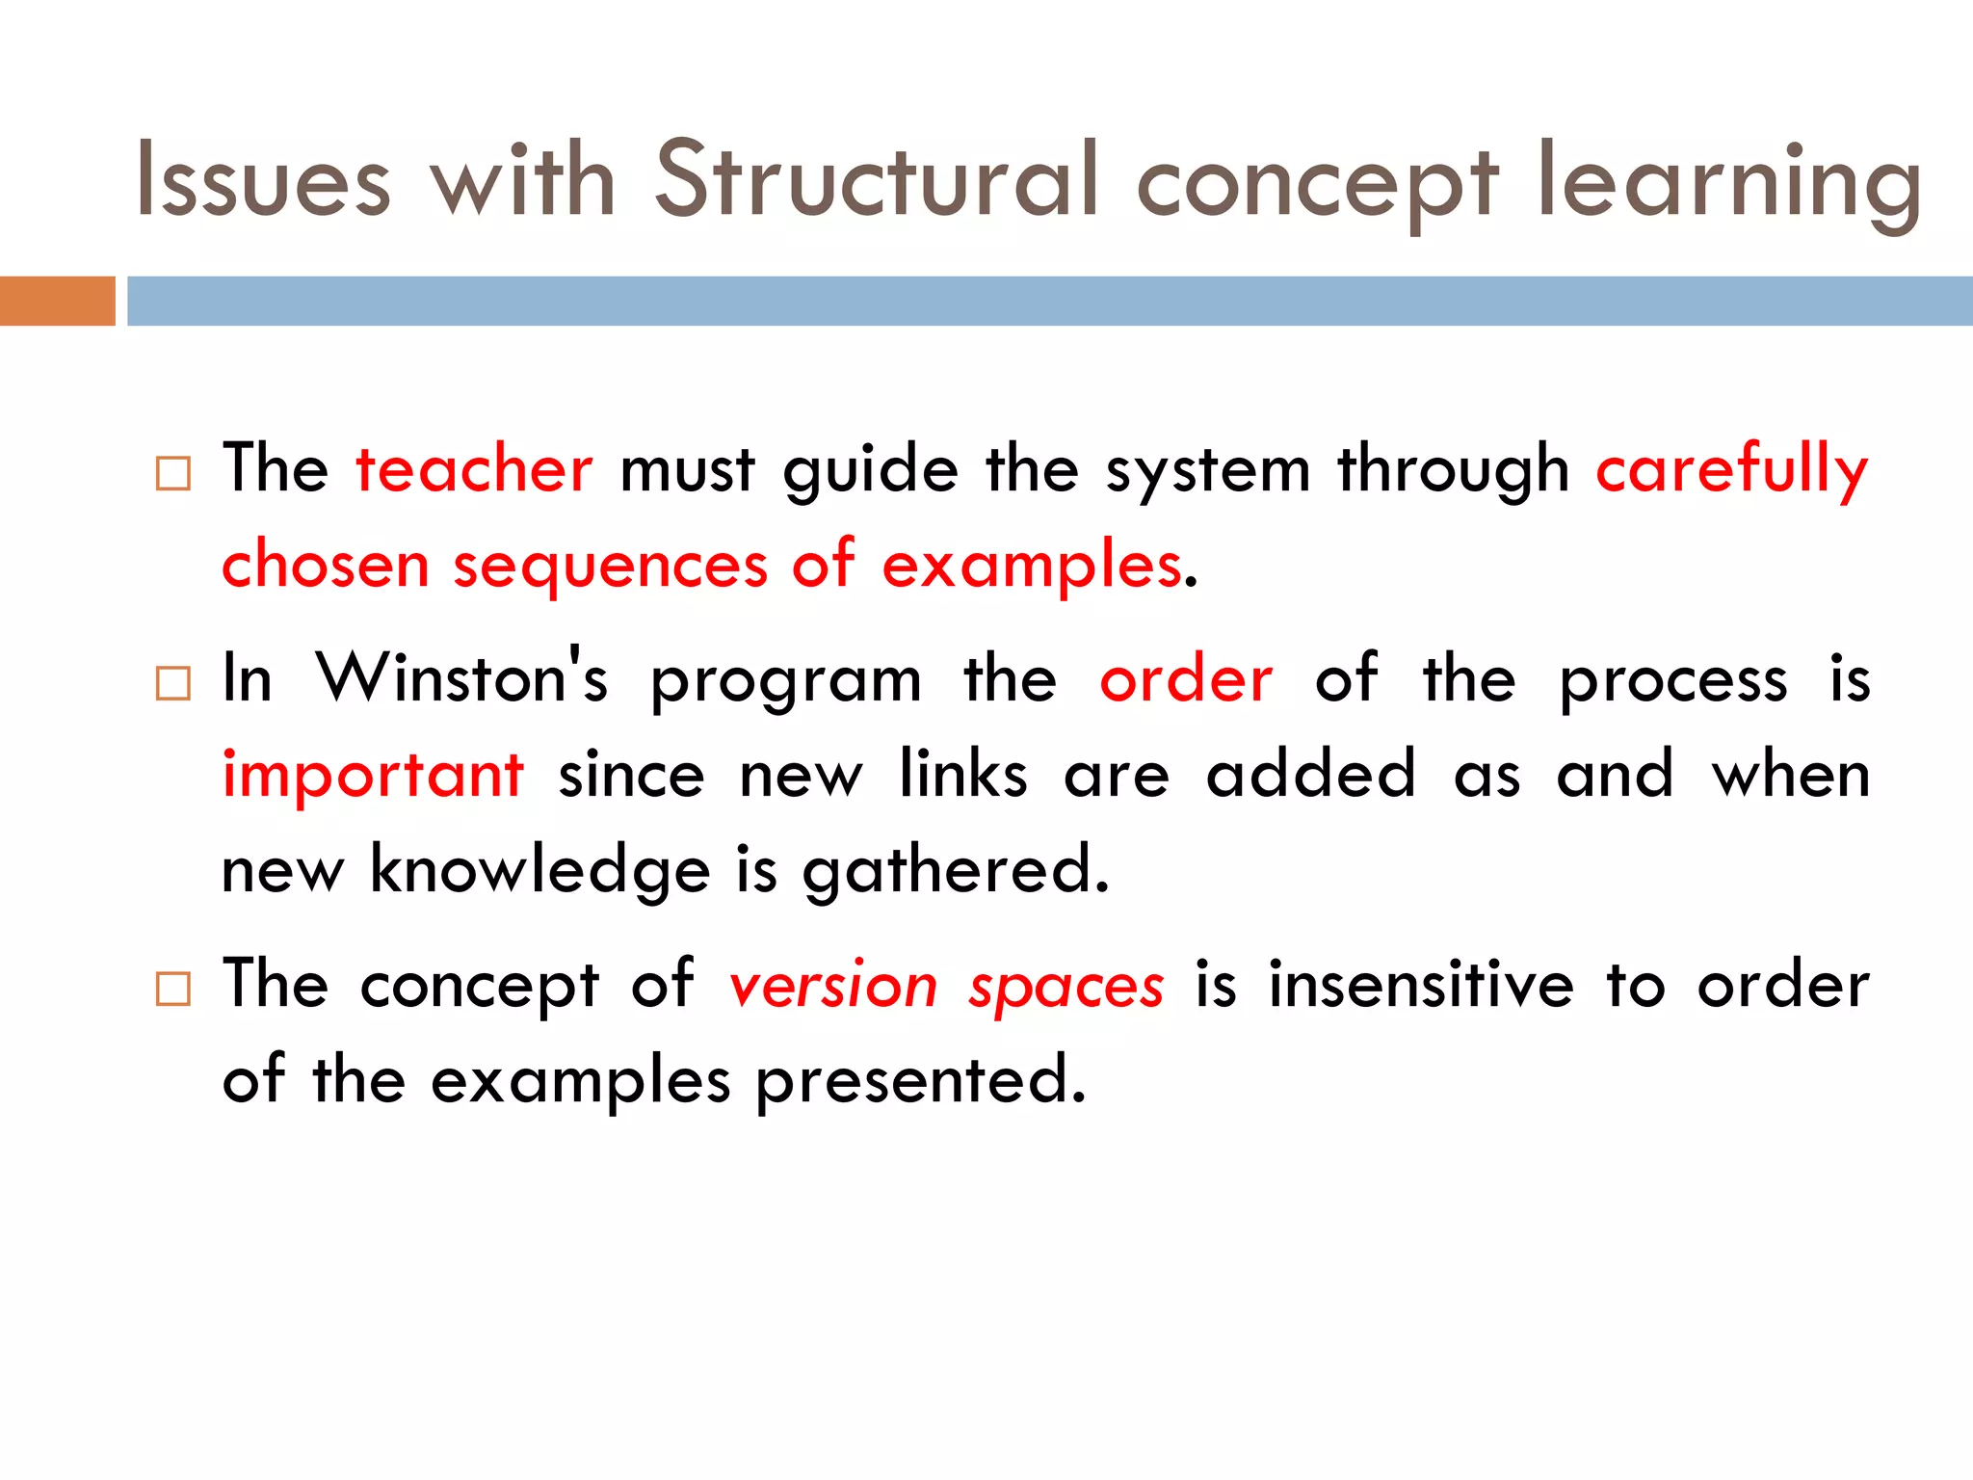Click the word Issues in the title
tap(263, 181)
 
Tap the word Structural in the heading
tap(877, 179)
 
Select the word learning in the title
tap(1728, 183)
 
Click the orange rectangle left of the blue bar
tap(57, 301)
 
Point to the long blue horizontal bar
tap(1049, 301)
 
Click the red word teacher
tap(474, 469)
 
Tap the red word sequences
tap(610, 566)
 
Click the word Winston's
tap(462, 677)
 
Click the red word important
tap(373, 775)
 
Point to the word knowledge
tap(539, 871)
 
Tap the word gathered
tap(956, 871)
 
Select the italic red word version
tap(832, 987)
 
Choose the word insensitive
tap(1421, 985)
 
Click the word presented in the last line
tap(920, 1082)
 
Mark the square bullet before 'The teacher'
tap(173, 473)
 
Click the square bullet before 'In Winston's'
tap(173, 683)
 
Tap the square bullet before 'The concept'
tap(173, 989)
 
